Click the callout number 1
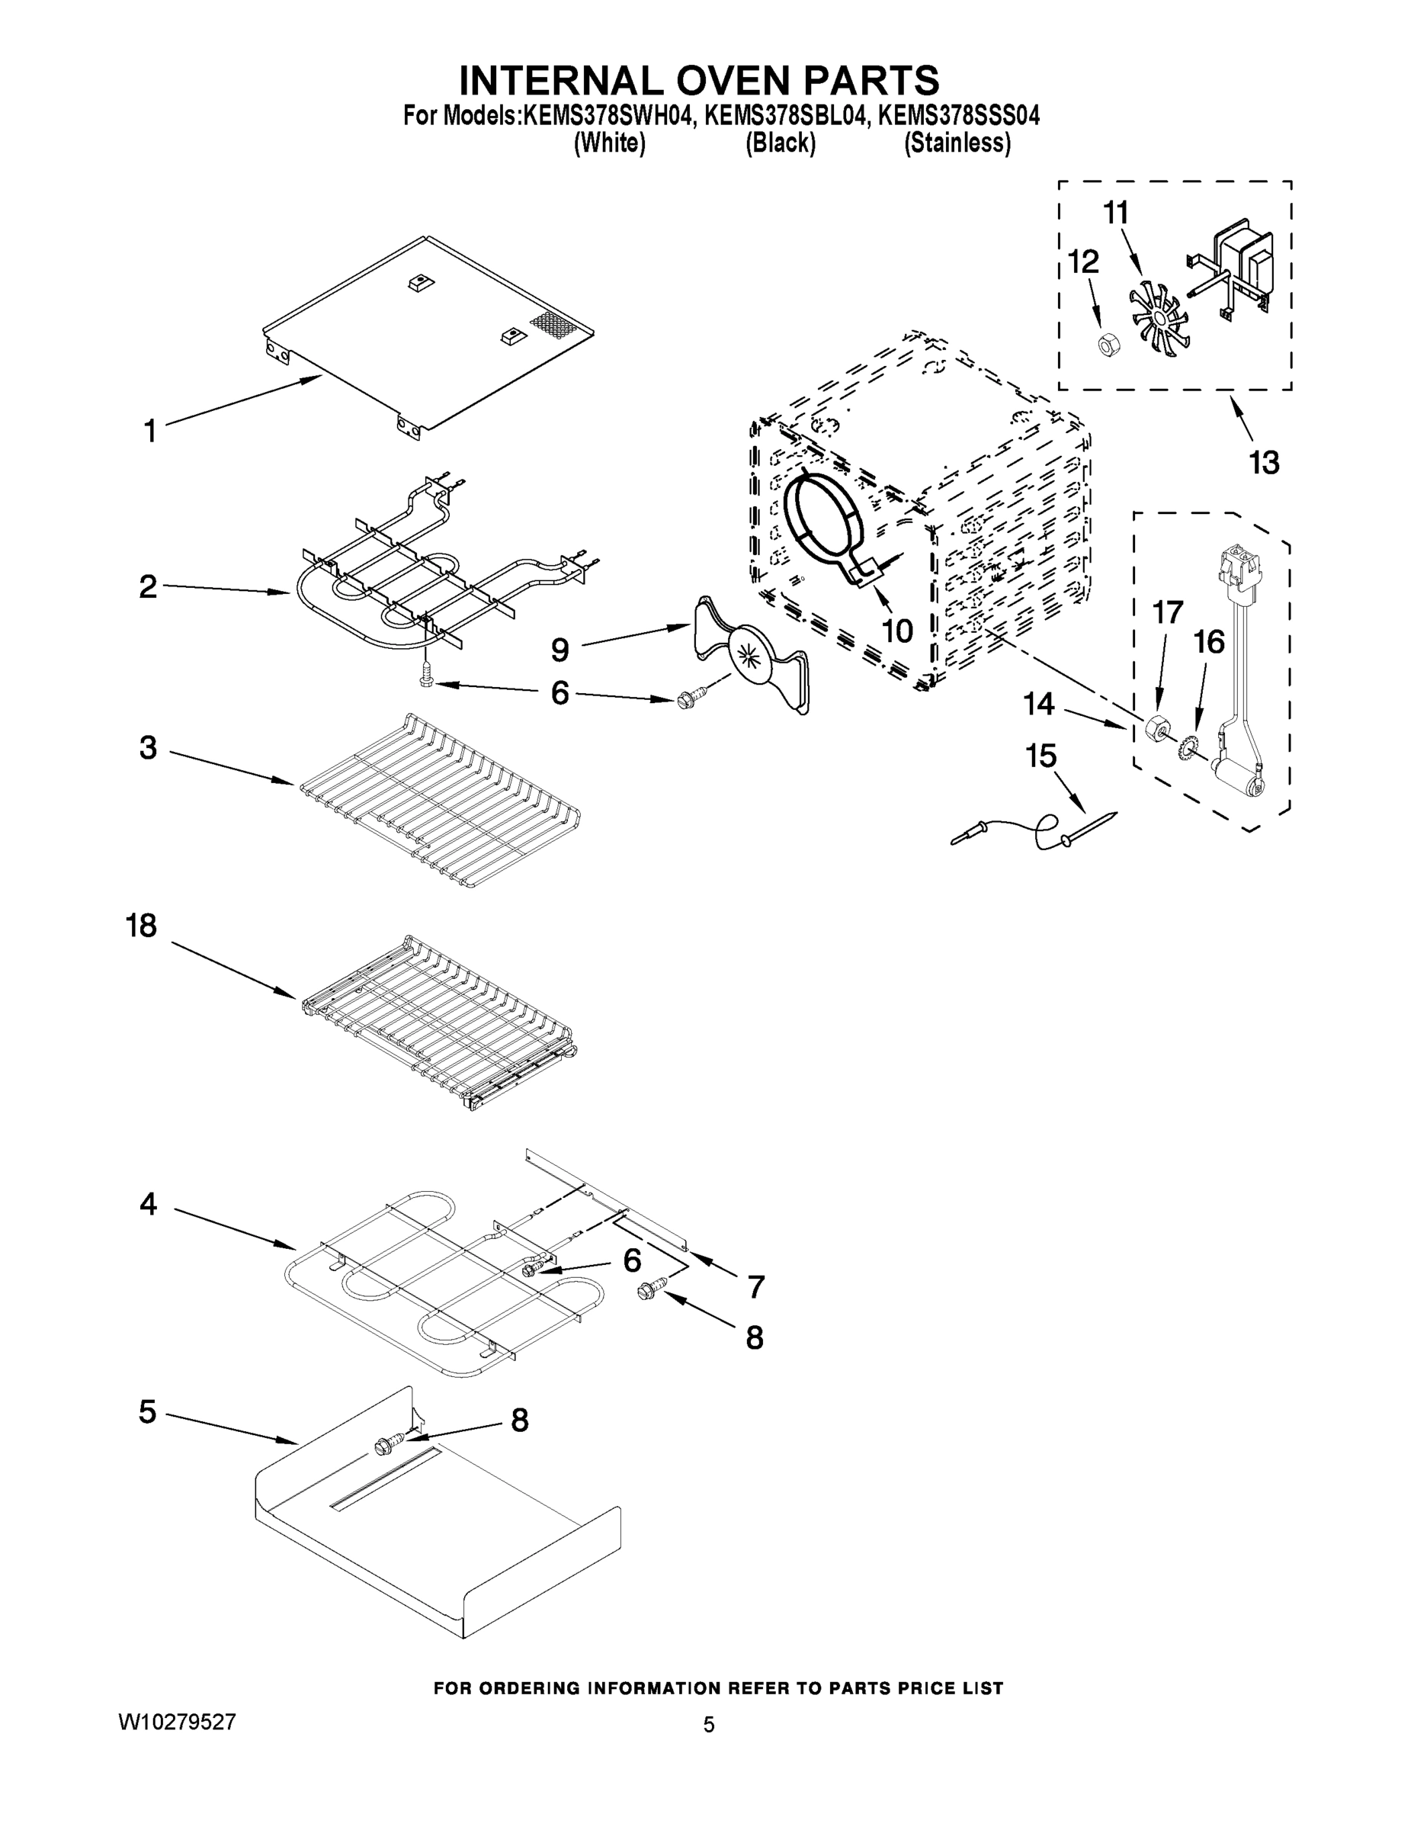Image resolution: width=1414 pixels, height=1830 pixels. coord(150,432)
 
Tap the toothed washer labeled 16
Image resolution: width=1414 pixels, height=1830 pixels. coord(1188,748)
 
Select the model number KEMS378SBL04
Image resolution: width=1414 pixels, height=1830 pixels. coord(782,116)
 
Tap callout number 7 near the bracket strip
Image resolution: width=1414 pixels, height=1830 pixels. coord(755,1286)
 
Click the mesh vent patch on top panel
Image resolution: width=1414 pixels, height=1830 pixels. coord(551,326)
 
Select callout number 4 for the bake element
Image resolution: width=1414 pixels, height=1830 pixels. coord(149,1205)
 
